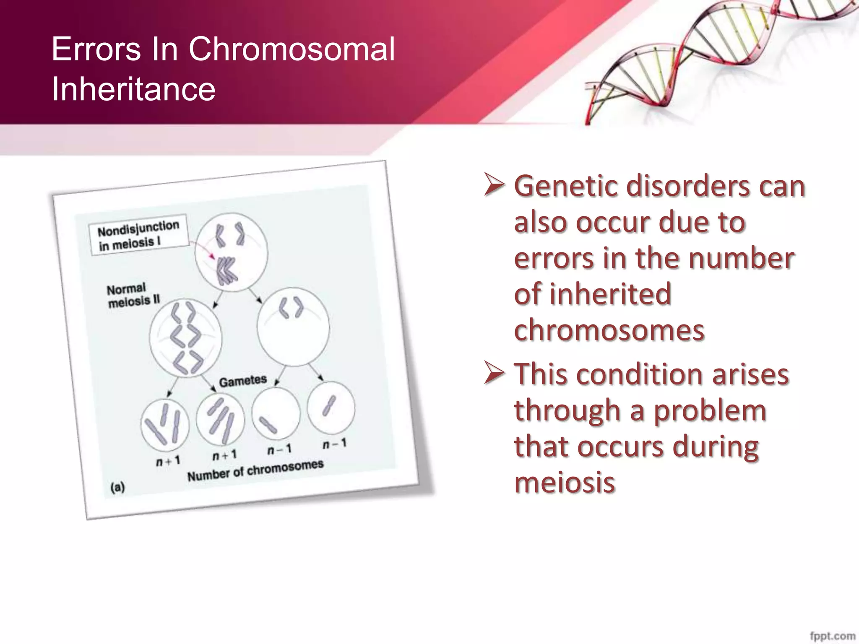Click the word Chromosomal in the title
[x=292, y=49]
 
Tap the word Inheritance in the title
[x=133, y=89]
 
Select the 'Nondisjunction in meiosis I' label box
[x=138, y=235]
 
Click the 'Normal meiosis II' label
[x=133, y=295]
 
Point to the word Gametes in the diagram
[x=243, y=381]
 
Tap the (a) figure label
[x=117, y=487]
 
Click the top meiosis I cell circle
[x=231, y=252]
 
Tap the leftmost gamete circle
[x=165, y=425]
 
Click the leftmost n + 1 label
[x=168, y=461]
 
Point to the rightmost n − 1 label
[x=334, y=444]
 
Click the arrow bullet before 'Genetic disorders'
[x=494, y=185]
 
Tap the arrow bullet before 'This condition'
[x=494, y=373]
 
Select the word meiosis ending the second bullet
[x=565, y=482]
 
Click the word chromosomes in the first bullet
[x=609, y=330]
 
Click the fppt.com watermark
[x=832, y=636]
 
